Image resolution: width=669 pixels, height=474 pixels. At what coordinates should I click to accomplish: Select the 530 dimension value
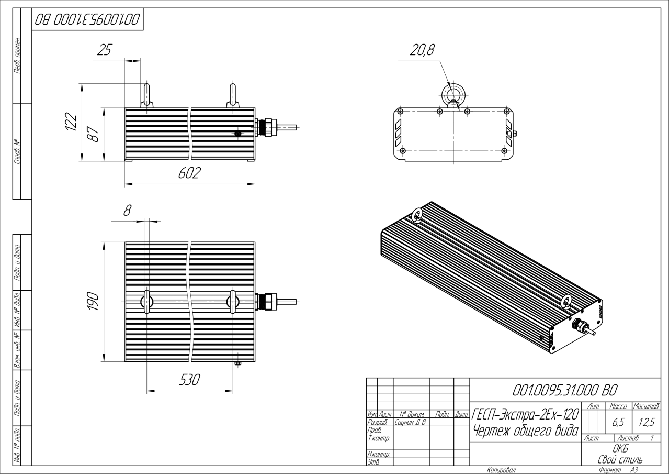pyautogui.click(x=189, y=380)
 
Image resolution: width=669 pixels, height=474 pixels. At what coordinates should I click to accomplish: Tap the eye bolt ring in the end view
pyautogui.click(x=451, y=94)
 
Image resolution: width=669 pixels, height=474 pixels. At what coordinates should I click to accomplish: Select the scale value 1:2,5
pyautogui.click(x=645, y=421)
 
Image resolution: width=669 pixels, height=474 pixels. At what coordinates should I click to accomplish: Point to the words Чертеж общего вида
pyautogui.click(x=525, y=431)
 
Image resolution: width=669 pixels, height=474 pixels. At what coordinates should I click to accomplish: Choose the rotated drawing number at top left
pyautogui.click(x=87, y=19)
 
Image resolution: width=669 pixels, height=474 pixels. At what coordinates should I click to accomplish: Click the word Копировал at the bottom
pyautogui.click(x=501, y=470)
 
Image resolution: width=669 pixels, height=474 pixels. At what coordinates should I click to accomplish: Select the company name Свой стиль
pyautogui.click(x=620, y=459)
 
